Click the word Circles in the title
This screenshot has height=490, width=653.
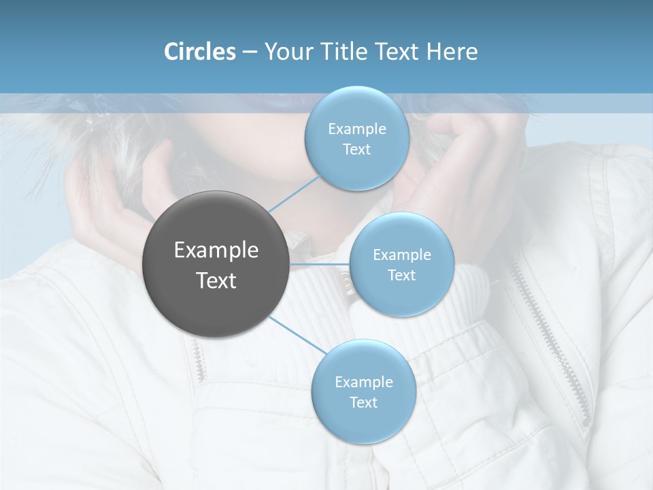coord(199,52)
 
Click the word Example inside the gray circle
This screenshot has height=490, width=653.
coord(216,250)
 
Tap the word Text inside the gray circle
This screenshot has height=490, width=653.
coord(216,280)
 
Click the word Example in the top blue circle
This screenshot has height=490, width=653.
coord(356,129)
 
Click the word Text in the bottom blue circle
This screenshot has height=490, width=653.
coord(363,402)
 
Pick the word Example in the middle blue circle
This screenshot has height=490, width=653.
coord(401,255)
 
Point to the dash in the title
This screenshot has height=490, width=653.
coord(249,52)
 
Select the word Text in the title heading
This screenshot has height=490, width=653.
coord(398,52)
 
